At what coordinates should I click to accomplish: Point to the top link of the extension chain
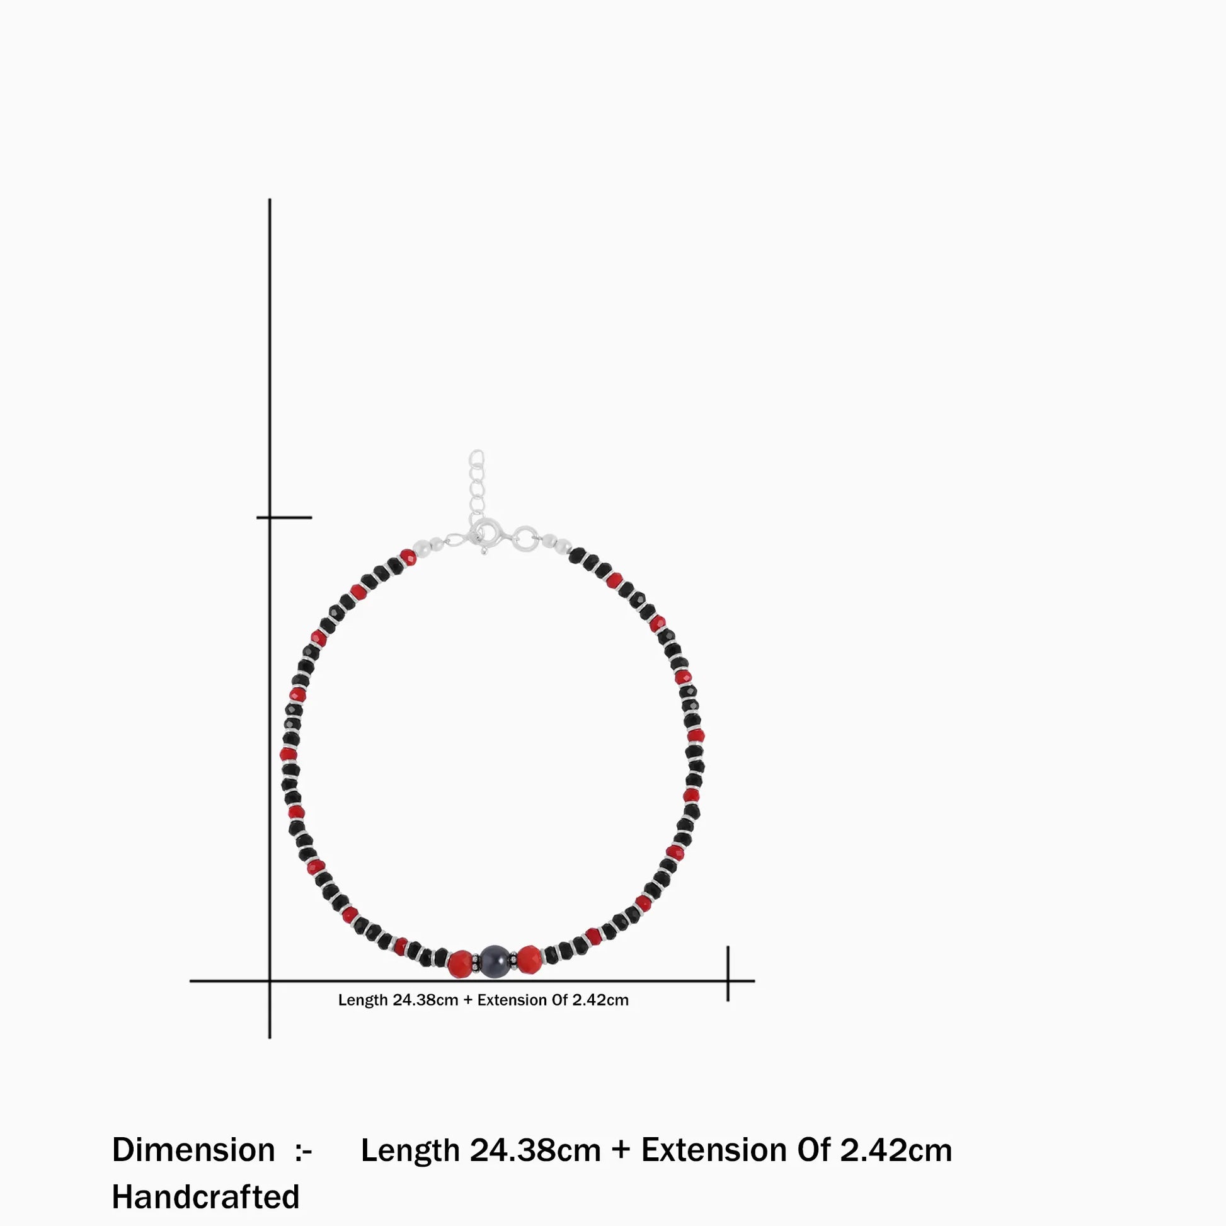point(476,457)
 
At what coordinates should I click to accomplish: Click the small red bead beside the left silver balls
point(408,558)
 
